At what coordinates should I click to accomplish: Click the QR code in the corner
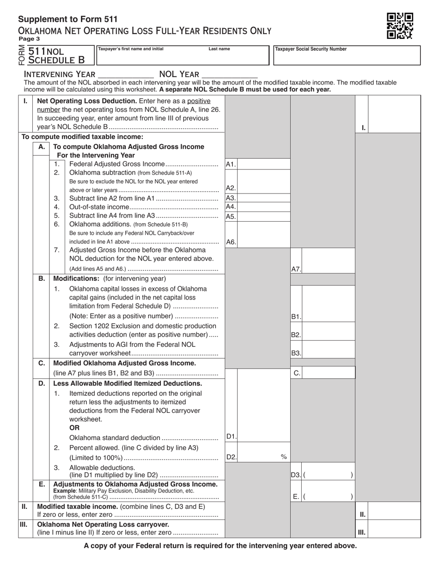400,25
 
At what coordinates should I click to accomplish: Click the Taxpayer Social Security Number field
344,55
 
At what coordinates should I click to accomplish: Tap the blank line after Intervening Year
126,74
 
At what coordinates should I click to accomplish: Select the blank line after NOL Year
230,74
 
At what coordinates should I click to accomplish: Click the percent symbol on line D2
284,457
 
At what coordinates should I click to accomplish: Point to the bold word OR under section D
74,428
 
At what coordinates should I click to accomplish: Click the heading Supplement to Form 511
67,19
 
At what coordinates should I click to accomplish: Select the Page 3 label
29,39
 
